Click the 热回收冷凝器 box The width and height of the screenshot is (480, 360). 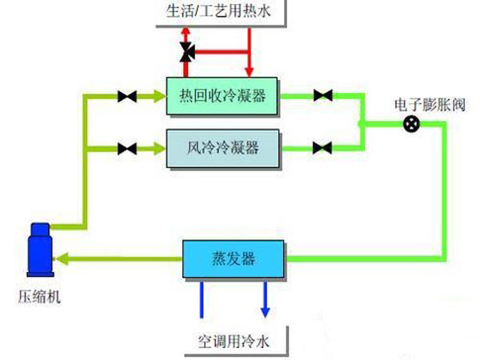click(x=222, y=97)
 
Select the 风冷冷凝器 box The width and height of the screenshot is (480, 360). click(x=222, y=147)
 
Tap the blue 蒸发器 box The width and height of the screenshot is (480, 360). click(x=232, y=258)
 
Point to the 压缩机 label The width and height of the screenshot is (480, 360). click(x=39, y=298)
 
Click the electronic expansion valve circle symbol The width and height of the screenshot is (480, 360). click(x=411, y=123)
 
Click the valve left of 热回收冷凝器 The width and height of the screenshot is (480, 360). click(x=126, y=97)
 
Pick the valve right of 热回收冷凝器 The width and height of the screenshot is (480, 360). click(x=322, y=97)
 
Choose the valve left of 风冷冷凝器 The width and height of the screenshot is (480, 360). click(x=126, y=148)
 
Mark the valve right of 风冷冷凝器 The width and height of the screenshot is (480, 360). click(x=322, y=148)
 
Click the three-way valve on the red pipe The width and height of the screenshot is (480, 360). click(x=187, y=54)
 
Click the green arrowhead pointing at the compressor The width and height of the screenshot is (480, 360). click(x=62, y=258)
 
